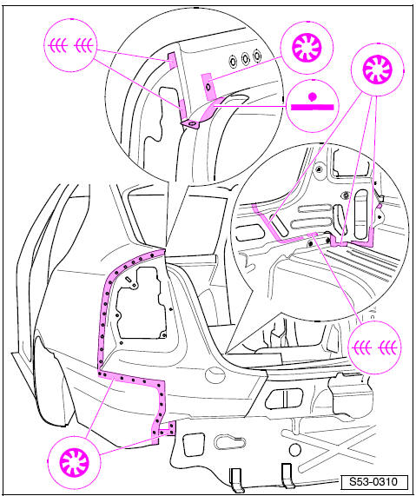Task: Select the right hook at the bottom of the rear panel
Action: [x=286, y=475]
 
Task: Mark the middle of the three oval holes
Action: [x=246, y=62]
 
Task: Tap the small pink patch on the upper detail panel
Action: [x=208, y=84]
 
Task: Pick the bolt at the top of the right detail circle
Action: [x=320, y=167]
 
